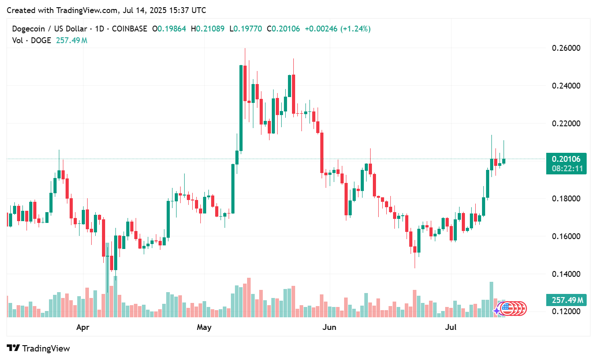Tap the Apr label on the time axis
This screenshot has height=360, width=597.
(83, 328)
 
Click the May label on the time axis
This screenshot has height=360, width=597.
(204, 328)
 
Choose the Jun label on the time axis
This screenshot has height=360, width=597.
(329, 328)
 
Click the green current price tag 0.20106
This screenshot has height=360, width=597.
(566, 159)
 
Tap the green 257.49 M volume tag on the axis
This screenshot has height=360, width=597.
(566, 300)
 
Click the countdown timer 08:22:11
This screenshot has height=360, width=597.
(566, 169)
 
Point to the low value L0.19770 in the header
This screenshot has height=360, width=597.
(247, 29)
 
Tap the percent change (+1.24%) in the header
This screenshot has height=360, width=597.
(355, 29)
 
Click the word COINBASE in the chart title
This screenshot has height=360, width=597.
(129, 29)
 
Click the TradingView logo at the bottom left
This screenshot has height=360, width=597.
(39, 348)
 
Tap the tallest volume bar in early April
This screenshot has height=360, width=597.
(107, 279)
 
